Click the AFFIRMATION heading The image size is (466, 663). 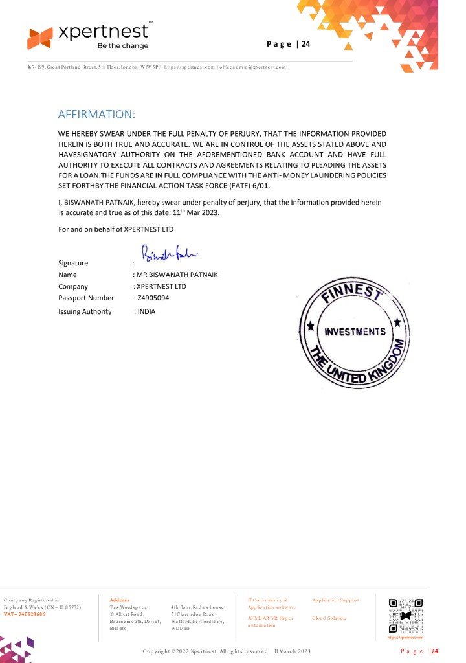click(96, 115)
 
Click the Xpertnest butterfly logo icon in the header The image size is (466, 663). click(39, 38)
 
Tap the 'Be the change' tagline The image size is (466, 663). click(122, 46)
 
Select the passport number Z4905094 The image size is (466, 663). click(151, 298)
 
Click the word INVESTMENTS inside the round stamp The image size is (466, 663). click(355, 331)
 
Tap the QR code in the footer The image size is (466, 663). click(406, 616)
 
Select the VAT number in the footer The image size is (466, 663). click(25, 614)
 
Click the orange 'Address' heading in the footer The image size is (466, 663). click(120, 600)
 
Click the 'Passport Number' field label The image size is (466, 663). click(86, 298)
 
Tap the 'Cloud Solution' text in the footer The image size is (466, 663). click(329, 618)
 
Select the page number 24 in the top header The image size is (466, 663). click(305, 44)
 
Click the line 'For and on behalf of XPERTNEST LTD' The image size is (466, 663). click(116, 229)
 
